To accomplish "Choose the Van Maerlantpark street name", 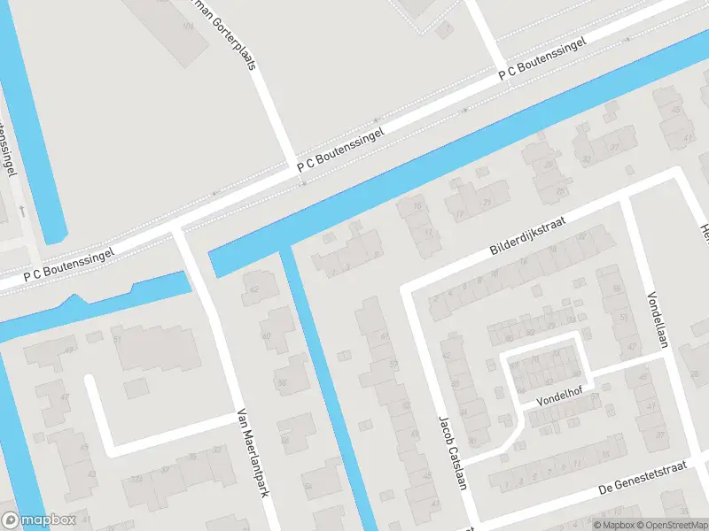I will pyautogui.click(x=252, y=452).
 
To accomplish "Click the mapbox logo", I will pyautogui.click(x=37, y=520).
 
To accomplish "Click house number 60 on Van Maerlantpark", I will pyautogui.click(x=266, y=336).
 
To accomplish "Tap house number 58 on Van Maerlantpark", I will pyautogui.click(x=282, y=383).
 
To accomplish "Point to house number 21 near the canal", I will pyautogui.click(x=430, y=232).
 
